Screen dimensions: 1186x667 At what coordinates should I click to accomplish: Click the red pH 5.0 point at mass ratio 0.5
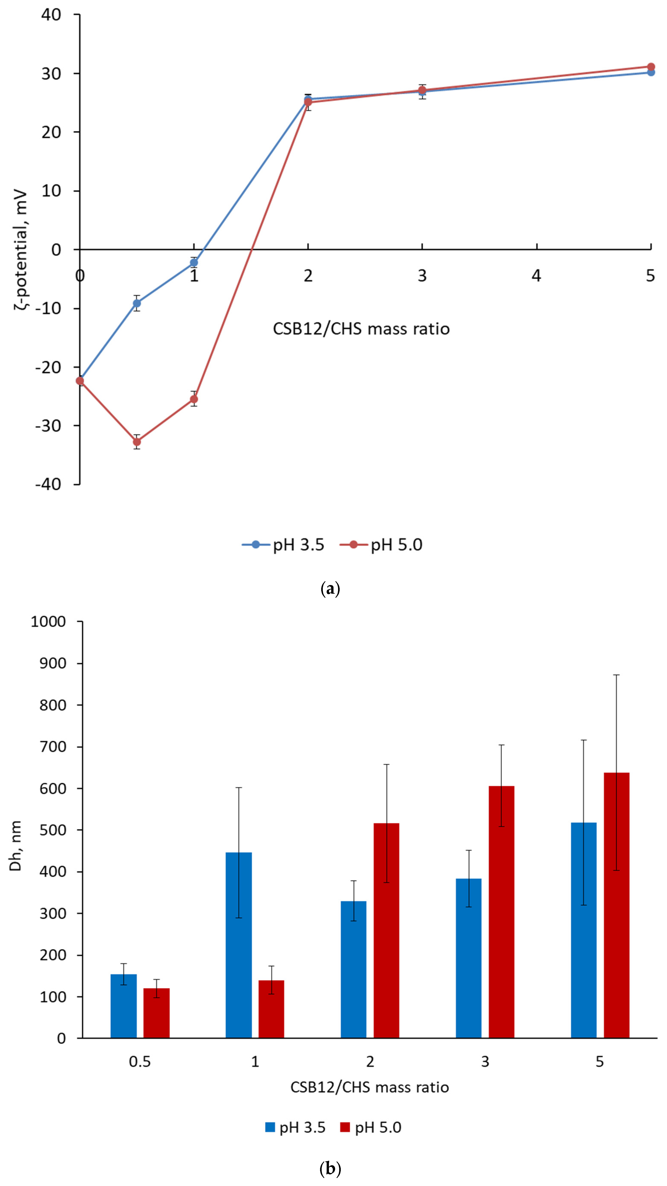137,442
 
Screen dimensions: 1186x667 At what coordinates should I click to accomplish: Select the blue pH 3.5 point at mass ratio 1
194,262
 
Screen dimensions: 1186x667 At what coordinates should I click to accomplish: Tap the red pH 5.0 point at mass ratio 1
194,399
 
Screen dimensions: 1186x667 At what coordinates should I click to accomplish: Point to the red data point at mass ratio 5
650,67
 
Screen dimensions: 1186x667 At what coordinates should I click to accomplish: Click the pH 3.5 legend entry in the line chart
284,545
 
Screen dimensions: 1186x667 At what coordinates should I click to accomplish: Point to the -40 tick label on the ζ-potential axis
48,484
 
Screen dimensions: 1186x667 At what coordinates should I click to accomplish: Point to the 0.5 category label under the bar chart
139,1062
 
